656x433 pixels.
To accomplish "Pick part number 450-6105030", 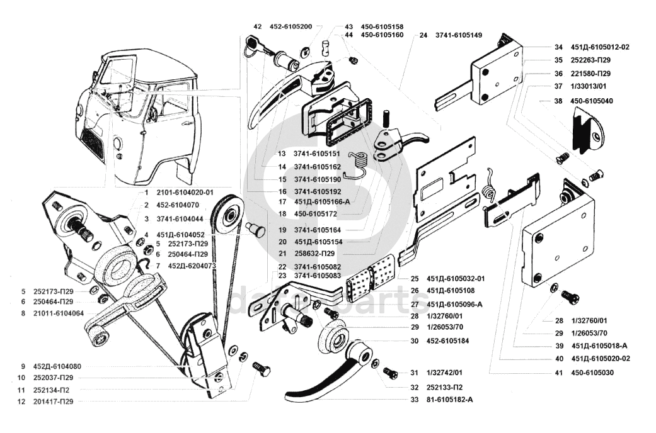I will [592, 373].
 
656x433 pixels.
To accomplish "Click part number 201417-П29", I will [51, 402].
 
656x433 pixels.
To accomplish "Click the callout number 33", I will [413, 400].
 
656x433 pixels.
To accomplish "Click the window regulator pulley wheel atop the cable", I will [227, 216].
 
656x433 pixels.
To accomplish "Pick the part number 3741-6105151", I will [317, 154].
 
